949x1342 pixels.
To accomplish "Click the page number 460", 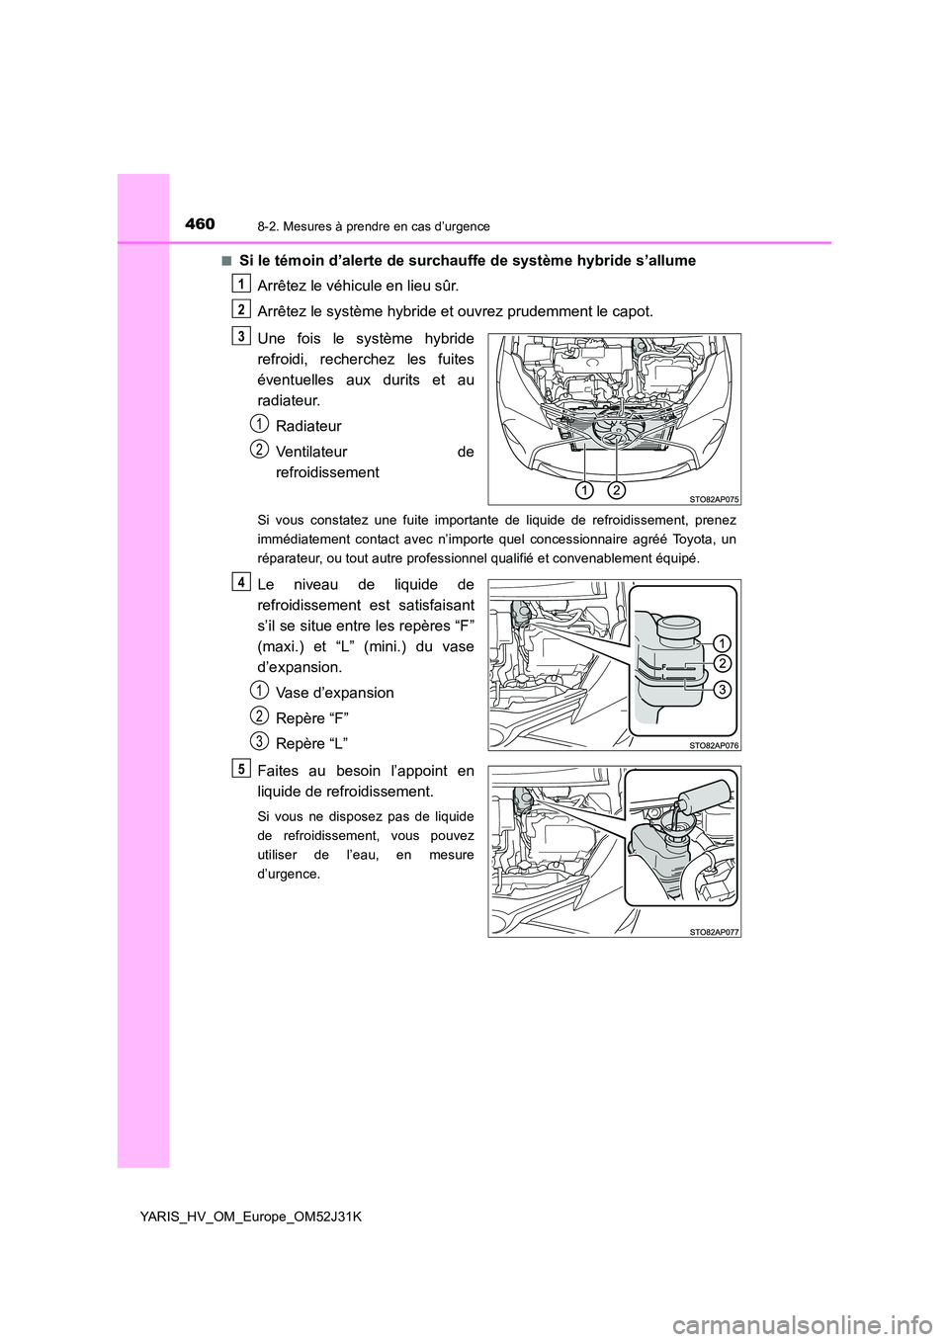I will [199, 224].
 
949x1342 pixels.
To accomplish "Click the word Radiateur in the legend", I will [308, 426].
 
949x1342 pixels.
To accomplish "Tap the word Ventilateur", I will [311, 452].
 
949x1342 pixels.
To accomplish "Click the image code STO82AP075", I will [712, 499].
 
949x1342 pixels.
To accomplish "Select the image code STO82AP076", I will [712, 744].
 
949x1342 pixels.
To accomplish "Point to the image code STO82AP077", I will [712, 930].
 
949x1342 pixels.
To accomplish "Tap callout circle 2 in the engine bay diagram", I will [617, 489].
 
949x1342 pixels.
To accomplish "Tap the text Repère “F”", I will [311, 717].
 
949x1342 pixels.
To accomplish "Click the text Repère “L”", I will [311, 743].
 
